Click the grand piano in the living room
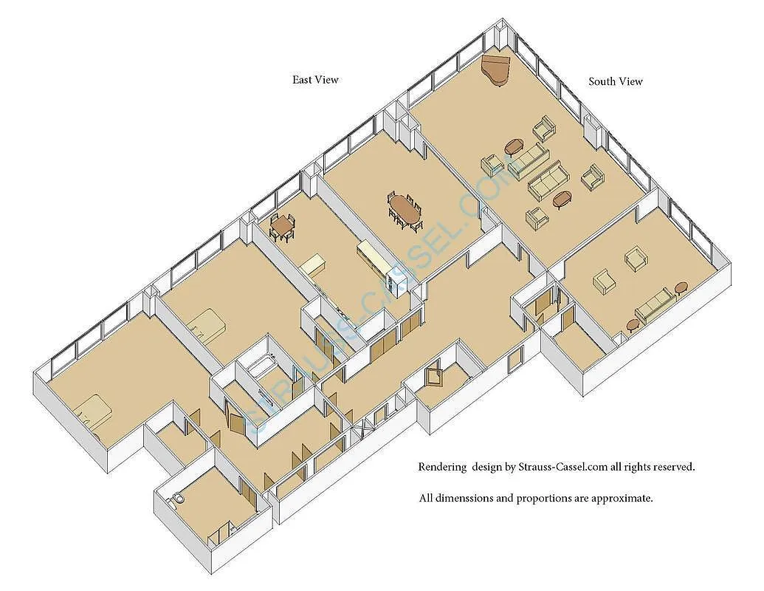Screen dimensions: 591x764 click(496, 70)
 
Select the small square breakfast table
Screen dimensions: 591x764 click(282, 226)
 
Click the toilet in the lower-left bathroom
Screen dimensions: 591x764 click(176, 500)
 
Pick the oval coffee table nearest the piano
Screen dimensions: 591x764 click(514, 146)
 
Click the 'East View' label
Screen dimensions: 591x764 click(315, 80)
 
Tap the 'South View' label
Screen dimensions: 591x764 click(615, 81)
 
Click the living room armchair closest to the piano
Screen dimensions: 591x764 click(543, 128)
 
